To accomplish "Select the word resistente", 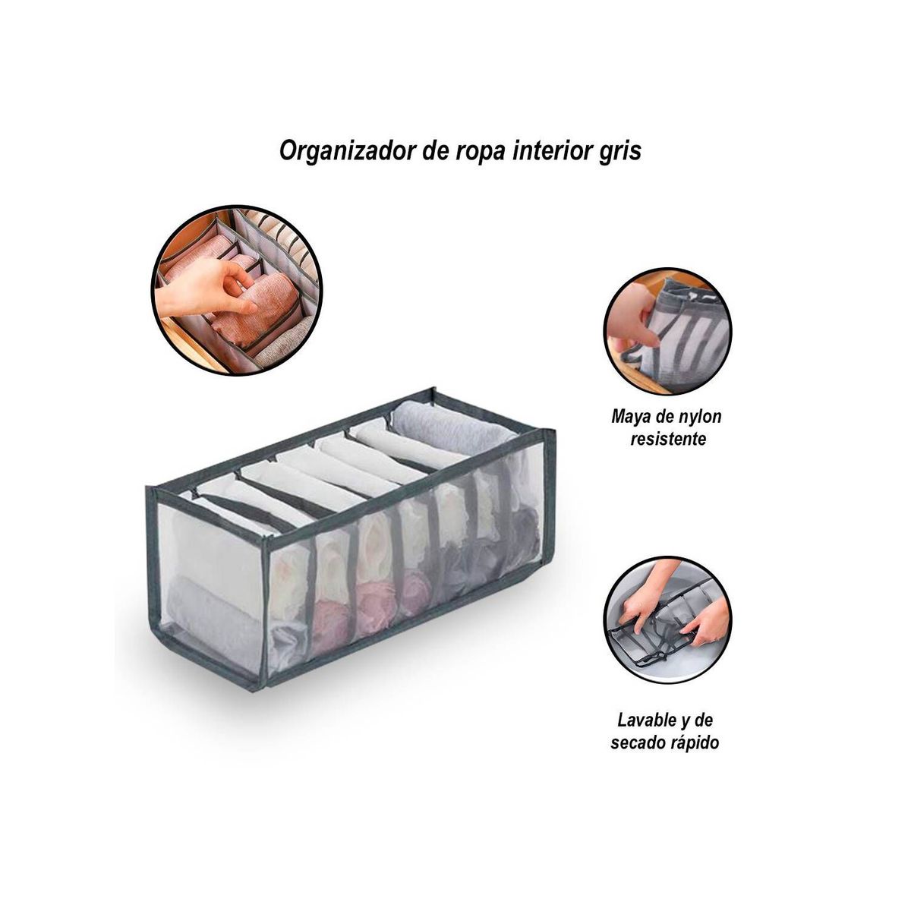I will pyautogui.click(x=668, y=439).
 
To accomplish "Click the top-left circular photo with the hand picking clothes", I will pyautogui.click(x=237, y=290).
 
